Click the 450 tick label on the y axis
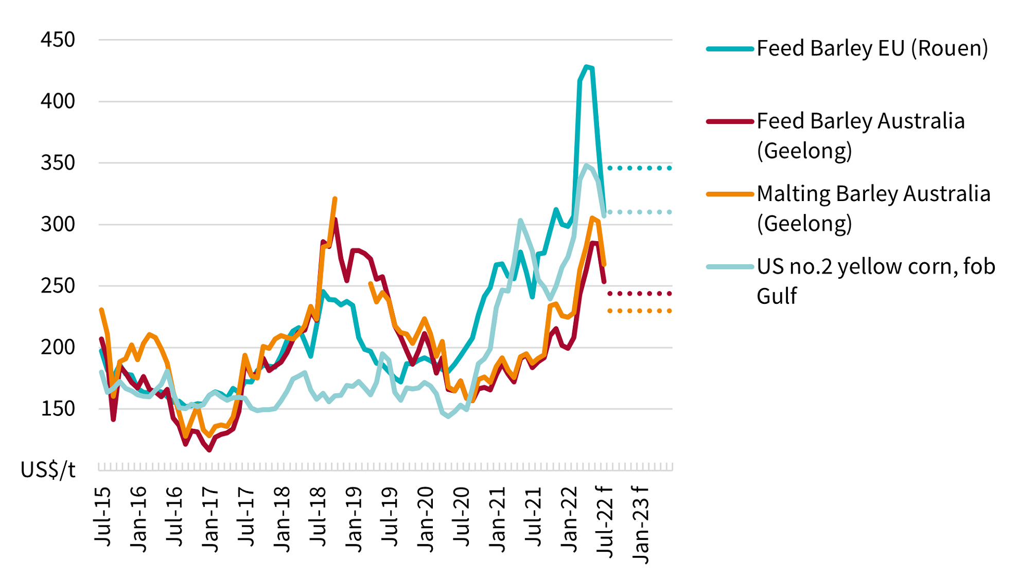[x=58, y=40]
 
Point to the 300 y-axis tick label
[x=58, y=224]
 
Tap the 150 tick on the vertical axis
[x=58, y=409]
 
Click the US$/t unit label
[x=48, y=469]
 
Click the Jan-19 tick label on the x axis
[x=354, y=519]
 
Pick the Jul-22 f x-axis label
[x=605, y=521]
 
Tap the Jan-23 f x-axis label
[x=641, y=524]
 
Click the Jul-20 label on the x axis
[x=462, y=516]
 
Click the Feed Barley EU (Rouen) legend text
[x=872, y=48]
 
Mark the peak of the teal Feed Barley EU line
[x=586, y=67]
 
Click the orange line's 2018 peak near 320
[x=335, y=198]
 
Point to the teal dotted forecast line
[x=640, y=168]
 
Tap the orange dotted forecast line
[x=640, y=311]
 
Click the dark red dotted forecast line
[x=640, y=294]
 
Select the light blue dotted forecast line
[x=640, y=212]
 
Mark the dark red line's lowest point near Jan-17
[x=209, y=450]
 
